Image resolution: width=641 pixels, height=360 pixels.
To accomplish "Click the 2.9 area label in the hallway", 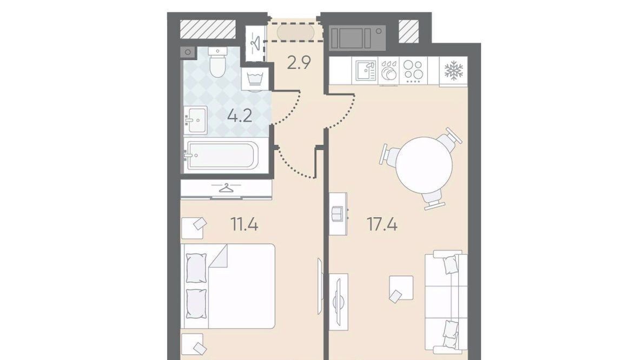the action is pyautogui.click(x=299, y=63).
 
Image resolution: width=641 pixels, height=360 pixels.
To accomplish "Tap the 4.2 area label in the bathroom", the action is pyautogui.click(x=240, y=116).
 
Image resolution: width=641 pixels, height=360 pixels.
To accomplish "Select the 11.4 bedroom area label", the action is pyautogui.click(x=244, y=224).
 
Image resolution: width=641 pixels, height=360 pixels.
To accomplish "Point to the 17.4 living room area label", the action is pyautogui.click(x=382, y=224).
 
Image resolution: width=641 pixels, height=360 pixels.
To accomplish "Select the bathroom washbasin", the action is pyautogui.click(x=195, y=119).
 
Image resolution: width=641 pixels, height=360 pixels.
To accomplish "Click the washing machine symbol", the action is pyautogui.click(x=255, y=79).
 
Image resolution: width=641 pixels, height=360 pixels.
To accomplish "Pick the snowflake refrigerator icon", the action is pyautogui.click(x=453, y=71).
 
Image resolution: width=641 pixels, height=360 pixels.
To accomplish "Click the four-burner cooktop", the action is pyautogui.click(x=413, y=70).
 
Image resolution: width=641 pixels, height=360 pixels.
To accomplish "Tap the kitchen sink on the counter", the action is pyautogui.click(x=366, y=71).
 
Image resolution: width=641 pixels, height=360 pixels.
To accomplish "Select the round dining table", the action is pyautogui.click(x=424, y=165).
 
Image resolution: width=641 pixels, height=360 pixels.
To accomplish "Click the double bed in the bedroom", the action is pyautogui.click(x=228, y=286).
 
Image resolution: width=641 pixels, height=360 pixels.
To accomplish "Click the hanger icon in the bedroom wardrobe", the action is pyautogui.click(x=225, y=188).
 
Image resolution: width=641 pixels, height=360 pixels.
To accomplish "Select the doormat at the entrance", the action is pyautogui.click(x=296, y=32).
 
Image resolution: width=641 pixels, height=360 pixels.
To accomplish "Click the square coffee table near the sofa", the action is pyautogui.click(x=401, y=288).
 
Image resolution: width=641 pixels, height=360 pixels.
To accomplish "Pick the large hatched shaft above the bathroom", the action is pyautogui.click(x=208, y=30).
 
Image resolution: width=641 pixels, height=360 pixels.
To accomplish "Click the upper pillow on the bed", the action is pyautogui.click(x=196, y=268).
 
